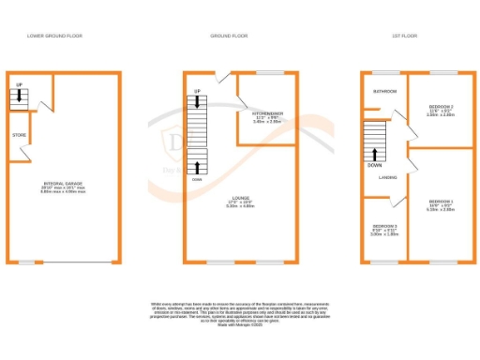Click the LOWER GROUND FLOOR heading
[54, 35]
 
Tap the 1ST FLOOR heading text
[405, 35]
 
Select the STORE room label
[19, 135]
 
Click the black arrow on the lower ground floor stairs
[19, 97]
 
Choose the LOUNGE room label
[240, 198]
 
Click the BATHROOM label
[384, 92]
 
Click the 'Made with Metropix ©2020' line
[240, 326]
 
